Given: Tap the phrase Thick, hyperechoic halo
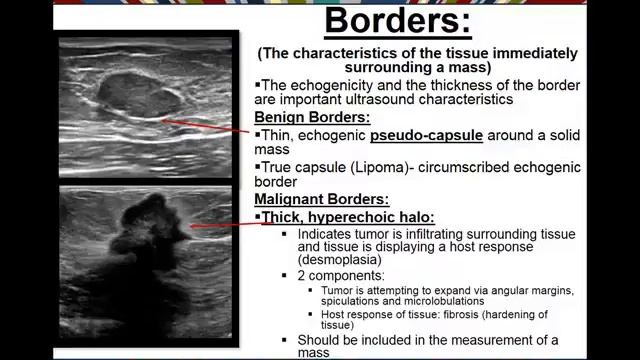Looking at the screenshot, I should point(350,216).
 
